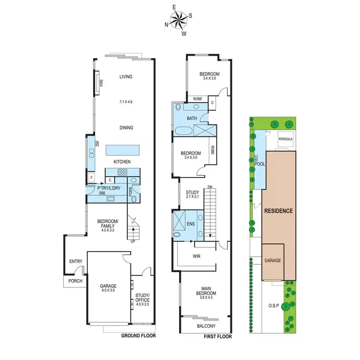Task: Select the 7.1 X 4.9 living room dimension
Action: point(126,102)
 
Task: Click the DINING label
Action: point(126,128)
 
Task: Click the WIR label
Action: point(196,256)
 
